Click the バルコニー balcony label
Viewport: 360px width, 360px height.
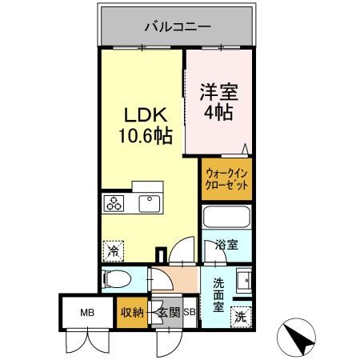(x=178, y=26)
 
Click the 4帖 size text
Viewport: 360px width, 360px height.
(x=218, y=113)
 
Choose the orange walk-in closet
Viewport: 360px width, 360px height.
(x=226, y=178)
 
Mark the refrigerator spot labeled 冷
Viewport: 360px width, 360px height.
(x=114, y=252)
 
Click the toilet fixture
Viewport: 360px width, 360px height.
(x=118, y=280)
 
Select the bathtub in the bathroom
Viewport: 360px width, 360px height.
(x=226, y=218)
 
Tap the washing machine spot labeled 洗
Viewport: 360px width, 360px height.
(x=240, y=317)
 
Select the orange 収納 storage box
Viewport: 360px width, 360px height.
(x=131, y=313)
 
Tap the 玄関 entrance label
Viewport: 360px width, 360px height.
(x=168, y=313)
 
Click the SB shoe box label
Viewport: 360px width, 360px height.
(x=190, y=313)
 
